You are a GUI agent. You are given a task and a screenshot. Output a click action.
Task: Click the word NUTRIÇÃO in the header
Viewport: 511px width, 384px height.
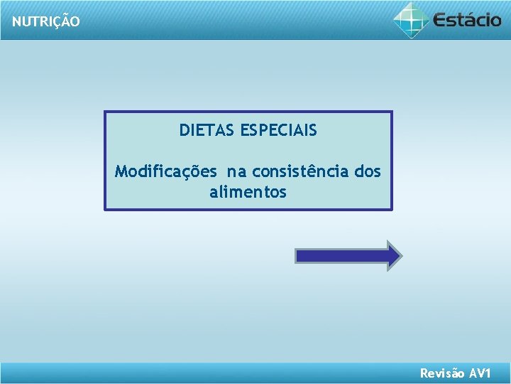[x=45, y=22]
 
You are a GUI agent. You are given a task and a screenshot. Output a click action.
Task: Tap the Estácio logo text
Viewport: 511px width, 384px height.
[x=466, y=19]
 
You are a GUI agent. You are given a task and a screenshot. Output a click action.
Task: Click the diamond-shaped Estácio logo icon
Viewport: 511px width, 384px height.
[x=411, y=19]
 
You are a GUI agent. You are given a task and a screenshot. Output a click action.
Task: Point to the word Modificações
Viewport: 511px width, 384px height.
[x=165, y=172]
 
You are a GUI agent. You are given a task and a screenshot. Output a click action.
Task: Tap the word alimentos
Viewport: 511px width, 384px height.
[x=248, y=192]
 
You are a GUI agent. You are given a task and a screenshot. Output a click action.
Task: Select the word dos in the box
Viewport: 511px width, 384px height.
[x=367, y=172]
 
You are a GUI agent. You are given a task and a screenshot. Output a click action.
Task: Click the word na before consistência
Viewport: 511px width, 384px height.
[x=236, y=172]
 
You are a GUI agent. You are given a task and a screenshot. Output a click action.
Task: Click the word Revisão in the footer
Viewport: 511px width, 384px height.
[x=442, y=373]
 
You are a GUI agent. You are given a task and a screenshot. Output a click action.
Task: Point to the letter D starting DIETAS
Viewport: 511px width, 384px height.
[x=184, y=131]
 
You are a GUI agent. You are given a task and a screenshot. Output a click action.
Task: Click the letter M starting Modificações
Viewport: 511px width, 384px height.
[x=121, y=172]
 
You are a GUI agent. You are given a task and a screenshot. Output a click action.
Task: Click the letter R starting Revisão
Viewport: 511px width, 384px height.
[x=424, y=373]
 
